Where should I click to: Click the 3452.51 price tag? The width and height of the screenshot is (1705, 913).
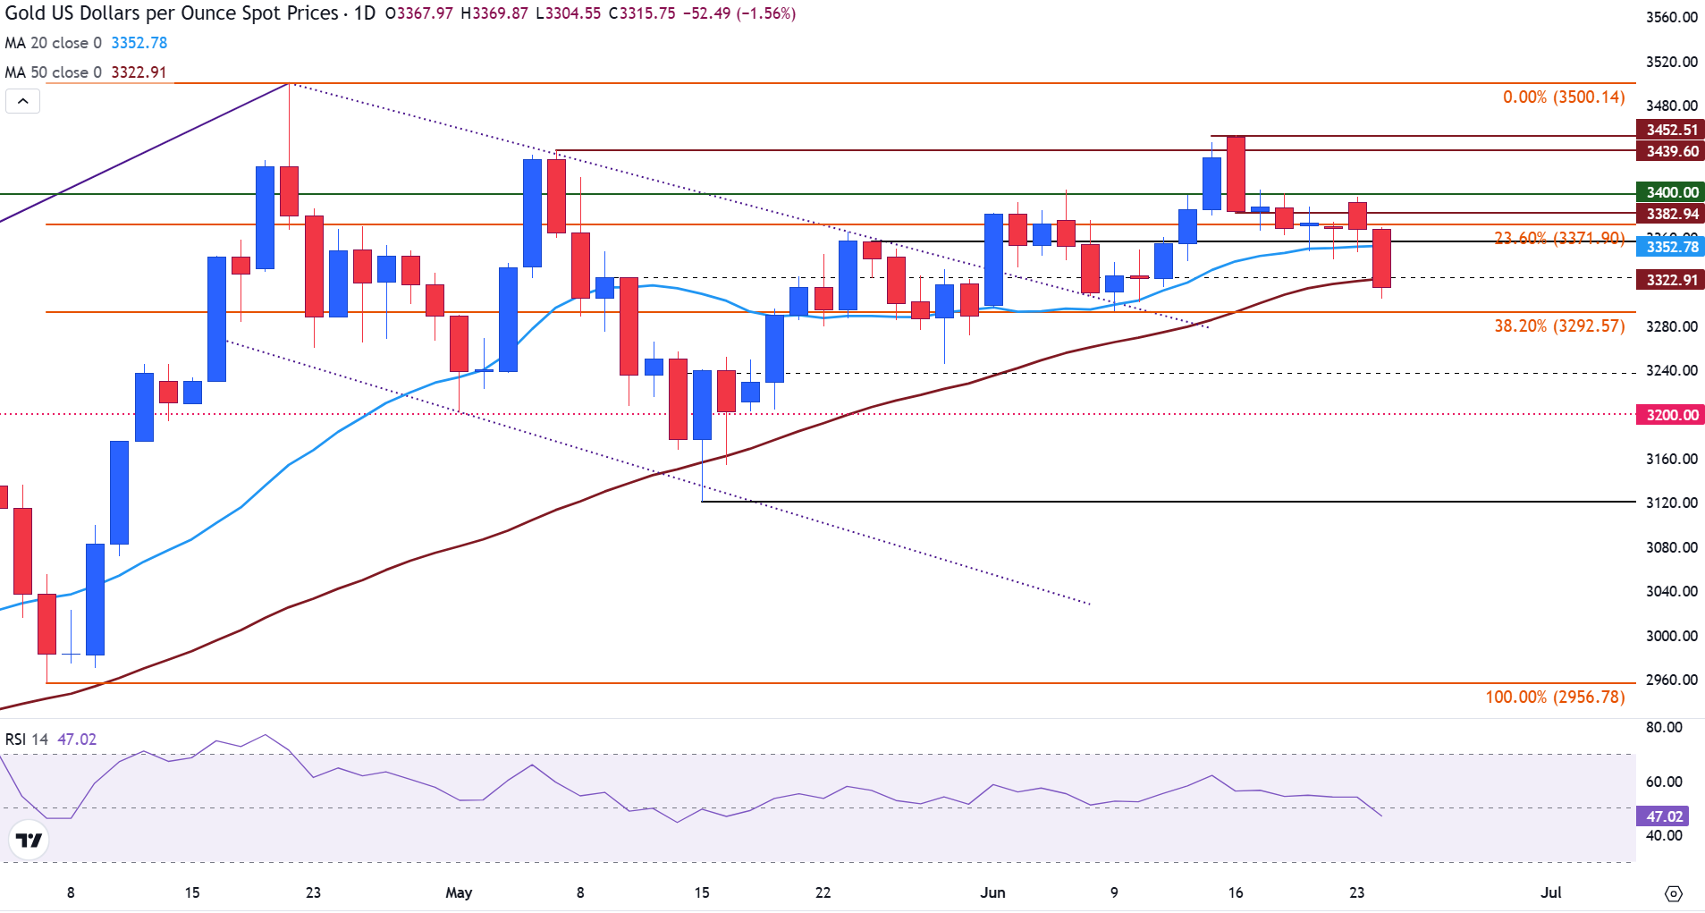[1670, 130]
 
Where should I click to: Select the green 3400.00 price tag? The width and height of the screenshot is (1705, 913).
[1670, 192]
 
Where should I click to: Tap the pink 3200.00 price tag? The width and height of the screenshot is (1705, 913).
[1670, 415]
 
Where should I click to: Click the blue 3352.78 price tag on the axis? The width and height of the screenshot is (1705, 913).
[1670, 247]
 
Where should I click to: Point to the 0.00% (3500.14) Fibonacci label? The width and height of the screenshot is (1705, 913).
[1563, 97]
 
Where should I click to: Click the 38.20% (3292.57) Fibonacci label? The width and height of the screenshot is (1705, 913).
[1559, 326]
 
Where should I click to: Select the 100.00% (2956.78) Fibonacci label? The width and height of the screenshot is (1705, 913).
[1555, 697]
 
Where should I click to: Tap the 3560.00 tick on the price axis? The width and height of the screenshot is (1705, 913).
[1671, 17]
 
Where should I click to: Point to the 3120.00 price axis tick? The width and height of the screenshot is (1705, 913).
[1671, 503]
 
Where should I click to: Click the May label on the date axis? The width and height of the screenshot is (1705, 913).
[459, 892]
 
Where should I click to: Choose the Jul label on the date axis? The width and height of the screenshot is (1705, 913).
[1551, 892]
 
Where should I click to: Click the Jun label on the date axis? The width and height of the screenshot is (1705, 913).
[992, 892]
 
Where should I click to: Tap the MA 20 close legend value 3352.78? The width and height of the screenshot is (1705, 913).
[139, 43]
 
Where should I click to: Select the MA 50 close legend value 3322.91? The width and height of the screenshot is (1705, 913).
[139, 72]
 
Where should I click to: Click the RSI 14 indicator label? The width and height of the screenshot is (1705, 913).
[27, 740]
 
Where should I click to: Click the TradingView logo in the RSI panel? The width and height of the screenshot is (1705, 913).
[29, 841]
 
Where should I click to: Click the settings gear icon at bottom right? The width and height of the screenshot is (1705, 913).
[1674, 893]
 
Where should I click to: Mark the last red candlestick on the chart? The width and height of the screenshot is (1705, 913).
[1381, 258]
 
